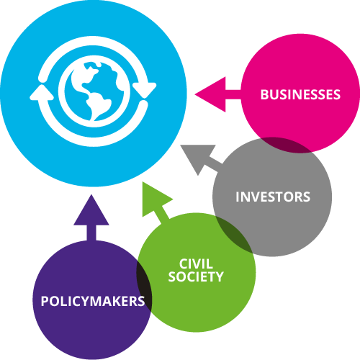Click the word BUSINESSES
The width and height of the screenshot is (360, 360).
300,94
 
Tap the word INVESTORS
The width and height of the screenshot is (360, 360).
273,197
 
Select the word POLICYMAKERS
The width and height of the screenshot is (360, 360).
93,301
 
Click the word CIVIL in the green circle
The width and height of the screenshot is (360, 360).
196,264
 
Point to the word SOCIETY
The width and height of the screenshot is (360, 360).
196,276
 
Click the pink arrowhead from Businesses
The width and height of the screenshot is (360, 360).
210,94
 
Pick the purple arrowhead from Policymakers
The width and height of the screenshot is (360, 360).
91,210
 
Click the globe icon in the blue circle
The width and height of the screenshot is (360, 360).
94,91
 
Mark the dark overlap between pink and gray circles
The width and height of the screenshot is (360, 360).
286,145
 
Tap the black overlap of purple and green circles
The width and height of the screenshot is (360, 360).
144,286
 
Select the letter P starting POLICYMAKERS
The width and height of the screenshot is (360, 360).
45,301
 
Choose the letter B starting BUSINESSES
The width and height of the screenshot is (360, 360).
264,94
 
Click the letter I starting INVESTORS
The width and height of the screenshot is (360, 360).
237,197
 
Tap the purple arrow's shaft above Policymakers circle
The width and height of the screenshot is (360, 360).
91,233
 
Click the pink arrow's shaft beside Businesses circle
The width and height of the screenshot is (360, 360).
233,94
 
